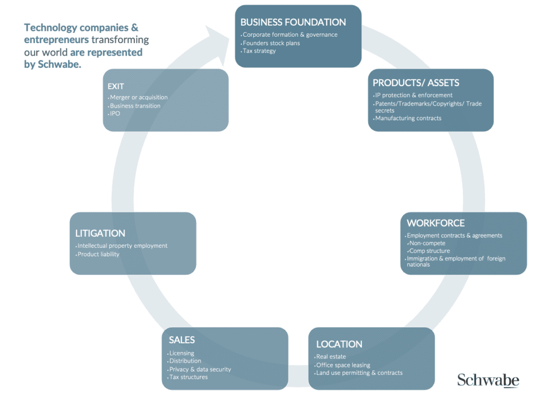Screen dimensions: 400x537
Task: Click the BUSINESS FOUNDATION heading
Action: click(x=293, y=23)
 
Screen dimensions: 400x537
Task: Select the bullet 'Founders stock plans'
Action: click(x=271, y=43)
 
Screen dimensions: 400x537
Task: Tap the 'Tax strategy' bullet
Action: click(x=259, y=51)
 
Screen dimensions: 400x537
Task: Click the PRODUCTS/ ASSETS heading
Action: click(x=416, y=83)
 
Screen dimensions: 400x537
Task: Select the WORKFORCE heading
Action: click(x=435, y=223)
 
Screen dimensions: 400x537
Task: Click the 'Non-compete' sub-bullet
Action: click(x=427, y=243)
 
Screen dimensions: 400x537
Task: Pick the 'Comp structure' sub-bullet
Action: click(x=429, y=251)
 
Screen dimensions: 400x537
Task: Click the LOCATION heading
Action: click(x=339, y=344)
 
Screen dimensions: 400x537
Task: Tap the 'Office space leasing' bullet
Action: click(x=343, y=365)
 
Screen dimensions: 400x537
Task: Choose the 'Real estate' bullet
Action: click(x=331, y=356)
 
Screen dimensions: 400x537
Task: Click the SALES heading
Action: click(x=181, y=340)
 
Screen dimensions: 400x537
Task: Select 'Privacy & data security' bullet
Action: click(x=200, y=369)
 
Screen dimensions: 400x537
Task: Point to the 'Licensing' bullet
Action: click(x=181, y=353)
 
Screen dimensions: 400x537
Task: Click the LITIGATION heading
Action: click(x=100, y=234)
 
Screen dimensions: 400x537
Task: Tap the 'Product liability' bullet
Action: click(x=99, y=254)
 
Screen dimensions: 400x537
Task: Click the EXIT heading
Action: click(x=115, y=86)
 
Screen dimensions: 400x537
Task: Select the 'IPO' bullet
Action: click(x=115, y=113)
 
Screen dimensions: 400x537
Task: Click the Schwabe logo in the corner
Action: click(x=488, y=380)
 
